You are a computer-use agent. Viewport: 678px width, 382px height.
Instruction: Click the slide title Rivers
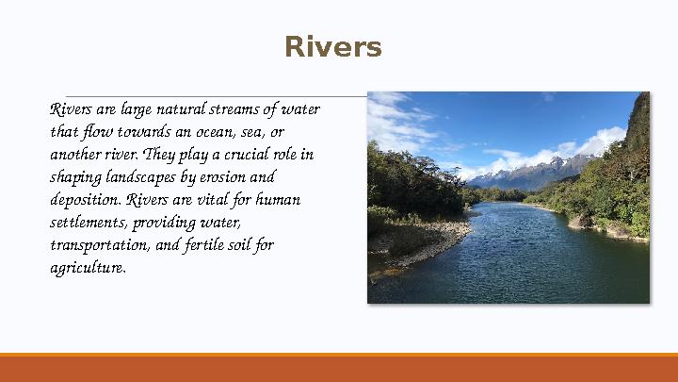pos(333,47)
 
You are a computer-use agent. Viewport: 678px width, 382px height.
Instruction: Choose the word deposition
pos(86,200)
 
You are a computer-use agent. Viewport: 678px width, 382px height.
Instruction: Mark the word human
pos(279,200)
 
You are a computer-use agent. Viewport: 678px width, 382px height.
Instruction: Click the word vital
pos(212,200)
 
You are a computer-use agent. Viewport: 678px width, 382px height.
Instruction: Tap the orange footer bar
pos(339,368)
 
